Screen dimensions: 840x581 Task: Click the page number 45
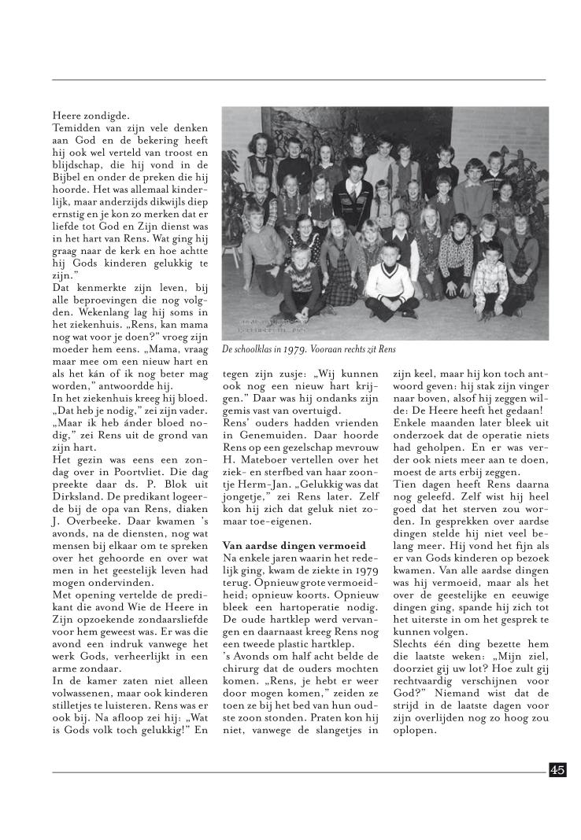[x=557, y=770]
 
